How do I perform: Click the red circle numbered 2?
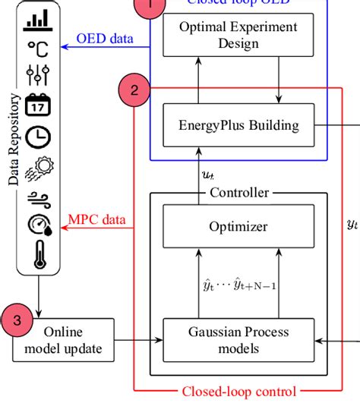tap(134, 91)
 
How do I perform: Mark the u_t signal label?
tap(207, 175)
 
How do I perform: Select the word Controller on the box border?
tap(238, 193)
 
